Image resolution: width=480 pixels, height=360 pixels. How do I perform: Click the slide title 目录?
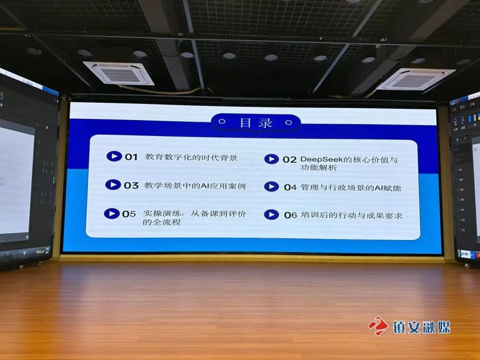click(x=256, y=123)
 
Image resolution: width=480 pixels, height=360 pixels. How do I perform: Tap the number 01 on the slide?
click(x=131, y=157)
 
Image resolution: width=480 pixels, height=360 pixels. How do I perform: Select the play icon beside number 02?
click(x=272, y=159)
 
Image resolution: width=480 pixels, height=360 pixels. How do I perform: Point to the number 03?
click(x=131, y=185)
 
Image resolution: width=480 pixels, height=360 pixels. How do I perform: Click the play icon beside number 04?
click(x=272, y=187)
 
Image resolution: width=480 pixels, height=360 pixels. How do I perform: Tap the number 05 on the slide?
click(x=129, y=214)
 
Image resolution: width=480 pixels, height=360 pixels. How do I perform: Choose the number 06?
click(x=290, y=215)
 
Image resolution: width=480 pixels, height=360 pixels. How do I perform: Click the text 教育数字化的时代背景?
click(x=191, y=157)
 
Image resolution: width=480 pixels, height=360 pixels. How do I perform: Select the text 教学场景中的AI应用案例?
click(x=195, y=185)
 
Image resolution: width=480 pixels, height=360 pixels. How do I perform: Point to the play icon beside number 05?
click(x=112, y=214)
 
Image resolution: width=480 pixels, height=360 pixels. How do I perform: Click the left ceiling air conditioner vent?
click(x=119, y=73)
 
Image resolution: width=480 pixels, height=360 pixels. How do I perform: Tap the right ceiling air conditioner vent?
click(x=416, y=79)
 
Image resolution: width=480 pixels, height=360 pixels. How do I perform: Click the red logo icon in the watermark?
click(x=378, y=326)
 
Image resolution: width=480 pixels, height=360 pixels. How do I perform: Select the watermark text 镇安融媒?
click(x=421, y=327)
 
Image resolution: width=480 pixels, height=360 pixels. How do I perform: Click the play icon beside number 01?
click(x=114, y=156)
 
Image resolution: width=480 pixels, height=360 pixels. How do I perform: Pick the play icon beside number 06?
click(x=272, y=215)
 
